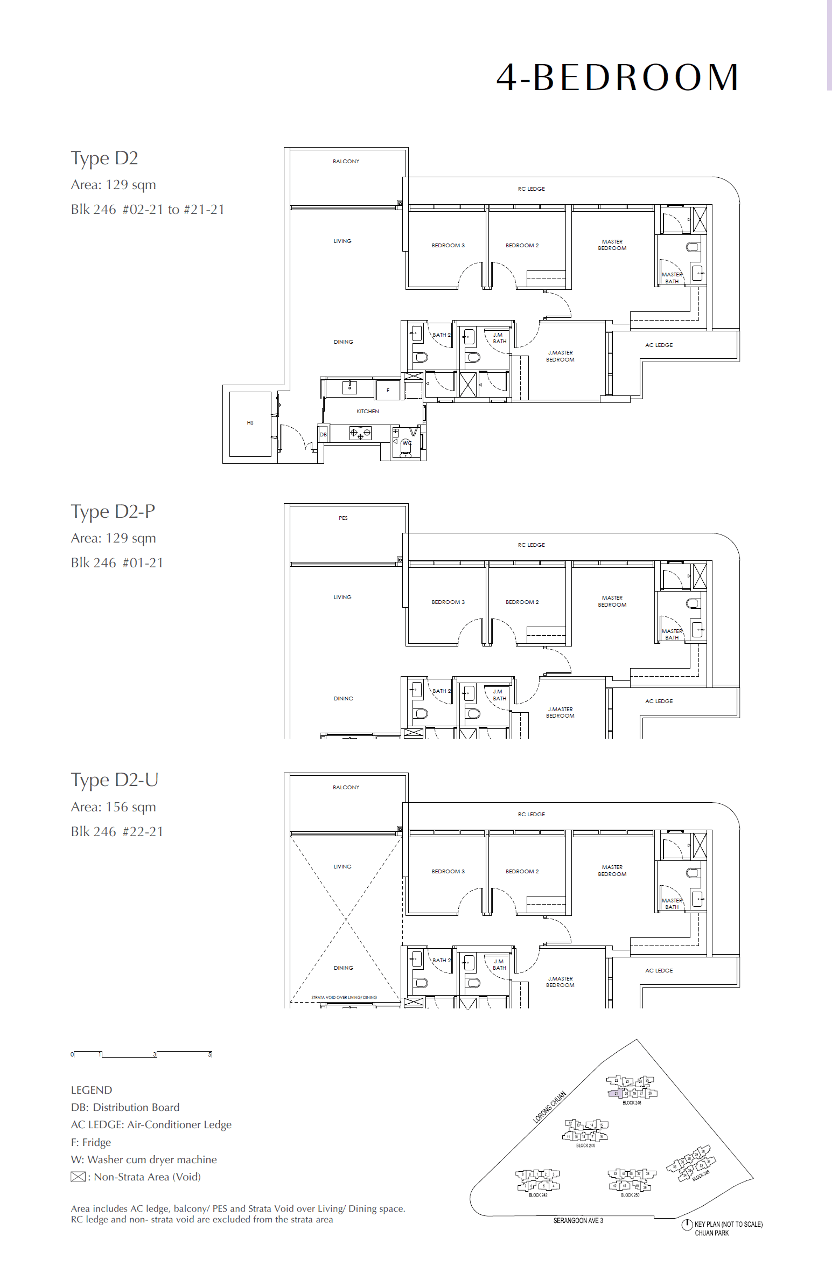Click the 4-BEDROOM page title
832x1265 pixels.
(617, 78)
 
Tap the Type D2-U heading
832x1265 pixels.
(114, 780)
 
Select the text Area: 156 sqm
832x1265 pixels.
(113, 807)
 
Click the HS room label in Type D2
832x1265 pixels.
(250, 423)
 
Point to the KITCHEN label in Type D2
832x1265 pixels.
(367, 411)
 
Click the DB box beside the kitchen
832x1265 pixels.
(323, 434)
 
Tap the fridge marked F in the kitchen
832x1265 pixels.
(388, 390)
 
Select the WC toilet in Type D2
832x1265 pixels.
(406, 447)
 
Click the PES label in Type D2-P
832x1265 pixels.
(343, 518)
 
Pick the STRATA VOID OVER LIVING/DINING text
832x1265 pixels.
(344, 997)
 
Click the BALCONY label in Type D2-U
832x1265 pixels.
(346, 787)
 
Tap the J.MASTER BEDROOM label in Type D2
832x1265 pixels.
(560, 356)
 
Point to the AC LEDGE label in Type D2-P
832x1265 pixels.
(659, 701)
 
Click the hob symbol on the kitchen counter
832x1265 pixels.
(360, 433)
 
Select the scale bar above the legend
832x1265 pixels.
(142, 1054)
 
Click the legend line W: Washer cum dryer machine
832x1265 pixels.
(144, 1159)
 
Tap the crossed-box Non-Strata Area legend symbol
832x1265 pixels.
(78, 1177)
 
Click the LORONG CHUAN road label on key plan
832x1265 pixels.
(549, 1107)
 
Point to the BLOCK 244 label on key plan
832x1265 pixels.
(585, 1145)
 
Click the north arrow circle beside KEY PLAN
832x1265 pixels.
(687, 1225)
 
